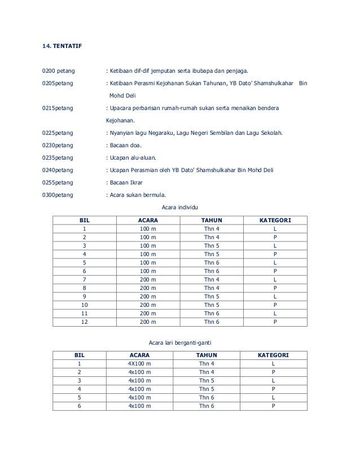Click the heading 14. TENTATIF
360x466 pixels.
(62, 44)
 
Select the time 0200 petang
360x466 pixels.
(59, 72)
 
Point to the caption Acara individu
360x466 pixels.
(180, 208)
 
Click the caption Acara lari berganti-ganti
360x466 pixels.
(180, 343)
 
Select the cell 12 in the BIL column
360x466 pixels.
(85, 322)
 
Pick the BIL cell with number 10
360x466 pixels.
(85, 305)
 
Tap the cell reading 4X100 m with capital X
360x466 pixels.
(139, 364)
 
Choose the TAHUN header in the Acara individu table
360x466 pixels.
(212, 220)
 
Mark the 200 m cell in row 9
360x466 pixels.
(148, 297)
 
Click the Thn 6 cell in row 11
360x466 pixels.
(212, 314)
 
